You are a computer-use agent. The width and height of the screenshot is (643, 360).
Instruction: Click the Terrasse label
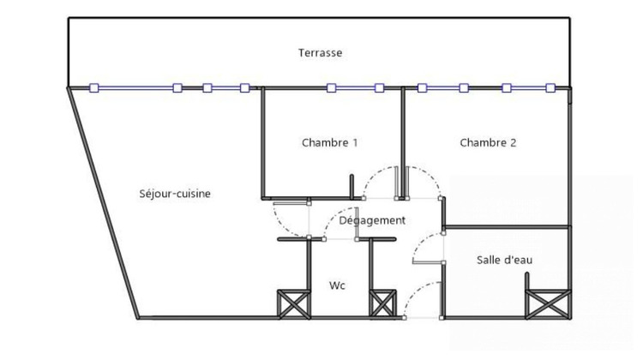click(320, 53)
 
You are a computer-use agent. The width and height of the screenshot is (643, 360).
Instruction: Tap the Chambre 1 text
click(329, 143)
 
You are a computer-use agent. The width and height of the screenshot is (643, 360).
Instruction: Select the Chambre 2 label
click(488, 143)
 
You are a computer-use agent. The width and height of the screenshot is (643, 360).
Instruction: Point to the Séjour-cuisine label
click(175, 194)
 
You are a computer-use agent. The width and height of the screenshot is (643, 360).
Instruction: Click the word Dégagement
click(371, 220)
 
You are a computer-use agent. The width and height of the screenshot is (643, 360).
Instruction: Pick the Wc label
click(337, 285)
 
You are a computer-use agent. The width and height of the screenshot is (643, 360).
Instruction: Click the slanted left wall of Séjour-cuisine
click(103, 202)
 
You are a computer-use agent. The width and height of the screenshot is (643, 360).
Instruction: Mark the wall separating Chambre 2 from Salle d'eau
click(506, 227)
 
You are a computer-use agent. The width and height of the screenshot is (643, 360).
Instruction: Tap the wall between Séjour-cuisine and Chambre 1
click(262, 141)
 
